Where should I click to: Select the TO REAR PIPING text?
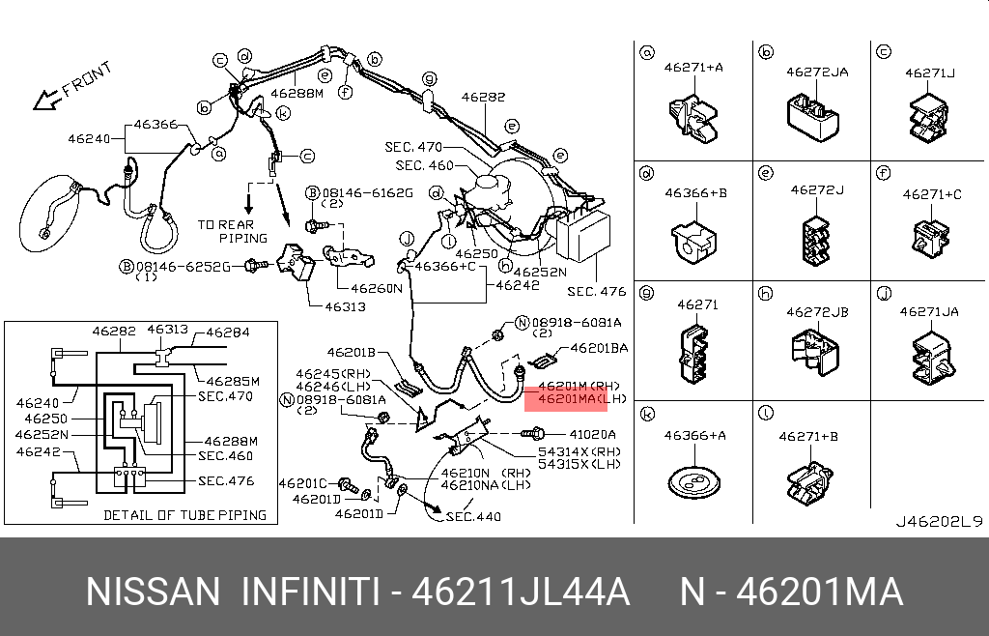point(227,231)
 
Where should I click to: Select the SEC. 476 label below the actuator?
point(596,291)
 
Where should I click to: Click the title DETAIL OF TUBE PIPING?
point(184,515)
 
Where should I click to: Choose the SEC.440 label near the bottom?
point(473,517)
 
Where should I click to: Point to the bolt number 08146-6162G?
point(367,193)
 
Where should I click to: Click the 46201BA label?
point(599,347)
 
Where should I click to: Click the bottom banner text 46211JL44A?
point(521,592)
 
